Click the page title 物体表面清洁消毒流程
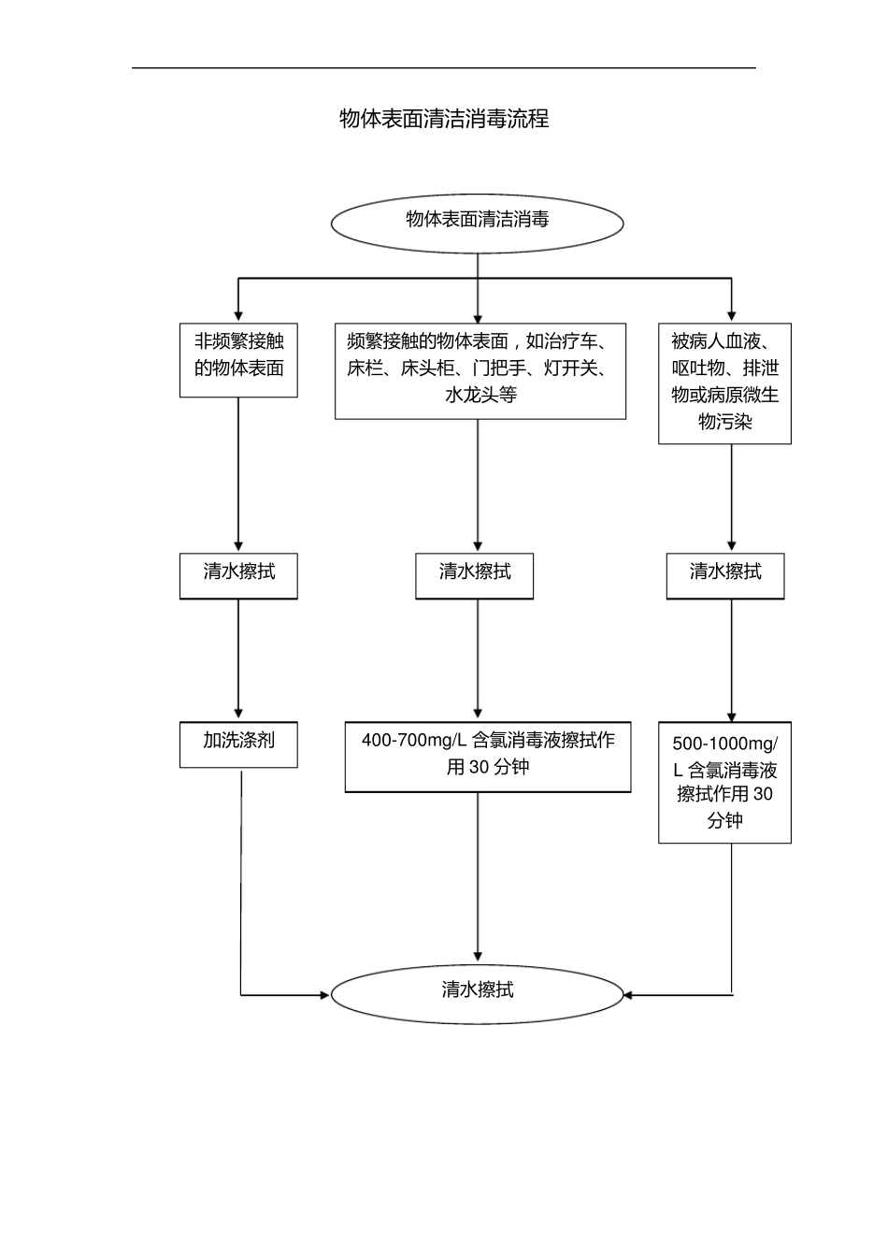[444, 119]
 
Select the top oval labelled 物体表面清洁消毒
[477, 222]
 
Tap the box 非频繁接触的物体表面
[238, 360]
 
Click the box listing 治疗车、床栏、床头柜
[480, 370]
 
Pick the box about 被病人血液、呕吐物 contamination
[724, 383]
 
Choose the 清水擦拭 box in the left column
[238, 575]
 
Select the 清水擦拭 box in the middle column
[475, 575]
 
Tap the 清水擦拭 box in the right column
[724, 575]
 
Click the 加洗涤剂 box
[238, 744]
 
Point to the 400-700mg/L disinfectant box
[488, 757]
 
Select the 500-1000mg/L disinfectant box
[724, 783]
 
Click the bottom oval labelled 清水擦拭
[477, 994]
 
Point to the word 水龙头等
[480, 395]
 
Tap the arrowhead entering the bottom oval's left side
[325, 994]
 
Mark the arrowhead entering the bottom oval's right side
[628, 994]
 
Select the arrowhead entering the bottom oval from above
[478, 956]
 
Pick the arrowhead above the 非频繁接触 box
[238, 315]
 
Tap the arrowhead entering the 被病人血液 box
[731, 315]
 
